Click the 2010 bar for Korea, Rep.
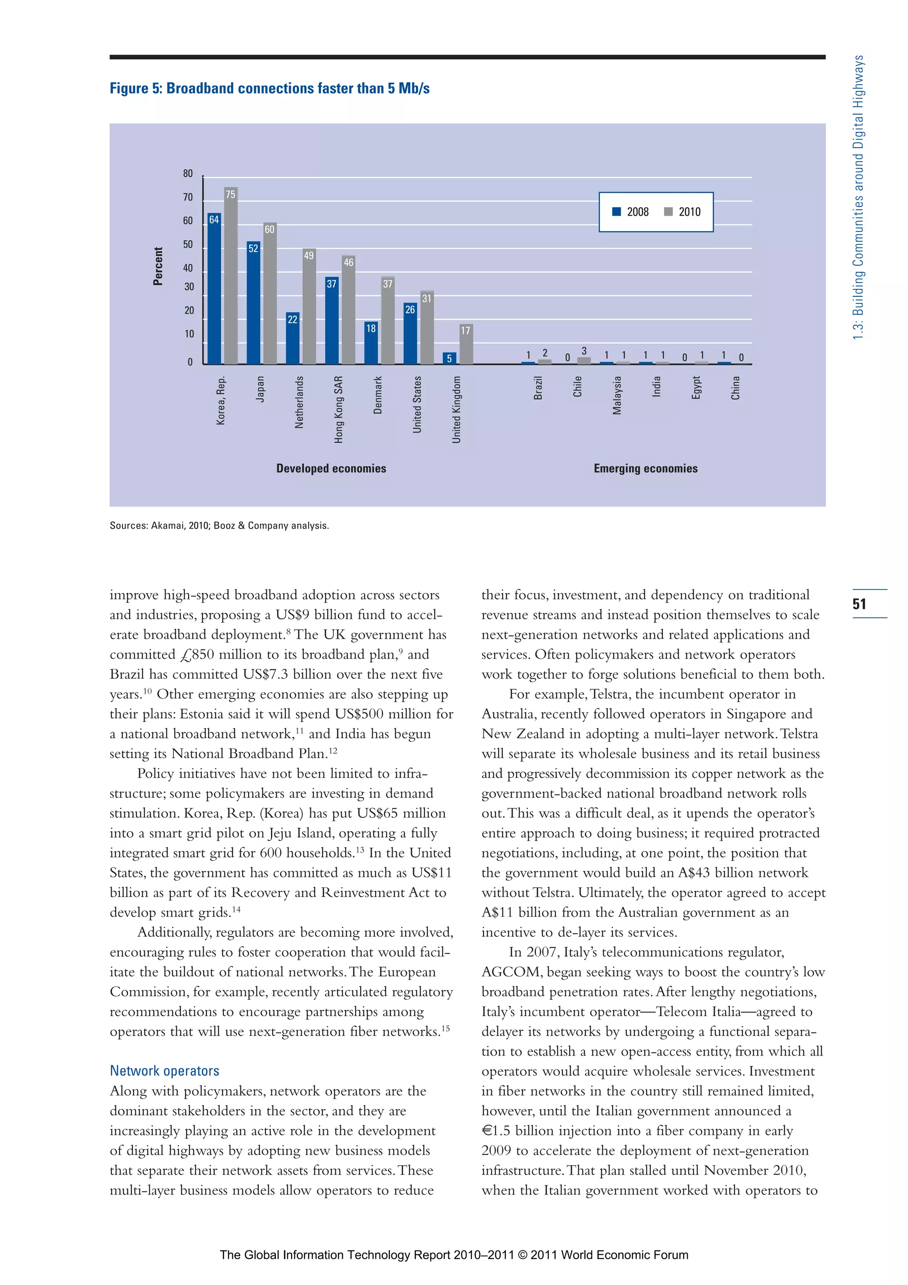pyautogui.click(x=231, y=277)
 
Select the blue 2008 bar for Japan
pyautogui.click(x=253, y=305)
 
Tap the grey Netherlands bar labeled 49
pyautogui.click(x=309, y=308)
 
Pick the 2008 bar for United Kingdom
pyautogui.click(x=449, y=359)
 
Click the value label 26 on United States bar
pyautogui.click(x=410, y=310)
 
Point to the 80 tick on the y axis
pyautogui.click(x=188, y=173)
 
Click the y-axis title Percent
pyautogui.click(x=158, y=267)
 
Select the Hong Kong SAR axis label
pyautogui.click(x=338, y=410)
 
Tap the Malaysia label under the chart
pyautogui.click(x=617, y=395)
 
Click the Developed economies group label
pyautogui.click(x=331, y=468)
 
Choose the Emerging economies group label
pyautogui.click(x=646, y=468)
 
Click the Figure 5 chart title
pyautogui.click(x=270, y=88)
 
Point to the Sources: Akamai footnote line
pyautogui.click(x=219, y=526)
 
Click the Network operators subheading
pyautogui.click(x=164, y=1071)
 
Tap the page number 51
pyautogui.click(x=859, y=604)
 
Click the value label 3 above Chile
pyautogui.click(x=584, y=351)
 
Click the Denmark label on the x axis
pyautogui.click(x=378, y=395)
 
